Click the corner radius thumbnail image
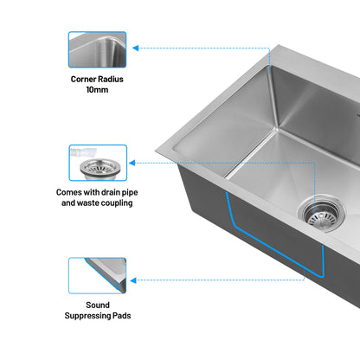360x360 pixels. point(97,49)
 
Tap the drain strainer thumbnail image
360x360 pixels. point(98,163)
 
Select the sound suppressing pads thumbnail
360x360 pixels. point(97,276)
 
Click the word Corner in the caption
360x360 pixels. point(83,79)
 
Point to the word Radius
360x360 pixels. point(111,79)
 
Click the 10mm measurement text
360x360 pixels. point(97,90)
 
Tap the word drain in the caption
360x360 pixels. point(111,192)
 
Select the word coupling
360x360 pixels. point(117,203)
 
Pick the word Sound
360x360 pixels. point(98,305)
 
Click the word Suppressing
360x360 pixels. point(87,316)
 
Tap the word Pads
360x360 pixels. point(122,316)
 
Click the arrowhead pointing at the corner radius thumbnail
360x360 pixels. point(136,48)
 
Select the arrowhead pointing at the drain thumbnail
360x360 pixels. point(132,163)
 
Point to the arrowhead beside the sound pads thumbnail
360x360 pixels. point(133,280)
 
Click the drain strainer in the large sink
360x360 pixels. point(321,214)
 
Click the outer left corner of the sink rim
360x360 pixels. point(156,151)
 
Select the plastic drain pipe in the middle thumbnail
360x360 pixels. point(83,152)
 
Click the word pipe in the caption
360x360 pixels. point(130,192)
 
